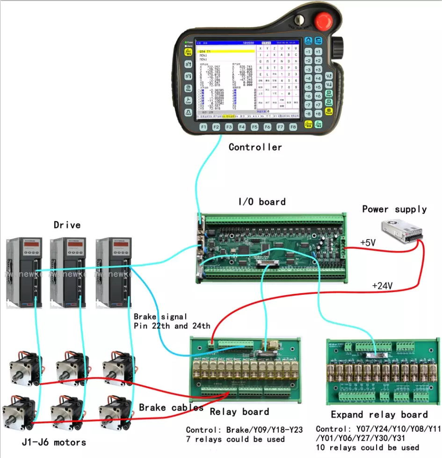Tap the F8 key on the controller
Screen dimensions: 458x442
click(293, 127)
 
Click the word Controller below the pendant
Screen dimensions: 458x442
click(255, 147)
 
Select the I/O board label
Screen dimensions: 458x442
click(262, 202)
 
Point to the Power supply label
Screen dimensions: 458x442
click(394, 209)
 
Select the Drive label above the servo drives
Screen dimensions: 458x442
click(67, 225)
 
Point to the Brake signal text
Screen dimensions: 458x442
click(160, 317)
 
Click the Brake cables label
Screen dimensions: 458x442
click(171, 407)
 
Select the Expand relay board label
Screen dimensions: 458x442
click(379, 415)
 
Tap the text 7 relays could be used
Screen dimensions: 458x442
click(235, 439)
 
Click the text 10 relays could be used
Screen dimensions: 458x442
click(368, 448)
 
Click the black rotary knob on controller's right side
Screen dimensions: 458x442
click(338, 46)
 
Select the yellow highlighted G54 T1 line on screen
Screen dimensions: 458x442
click(226, 51)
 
